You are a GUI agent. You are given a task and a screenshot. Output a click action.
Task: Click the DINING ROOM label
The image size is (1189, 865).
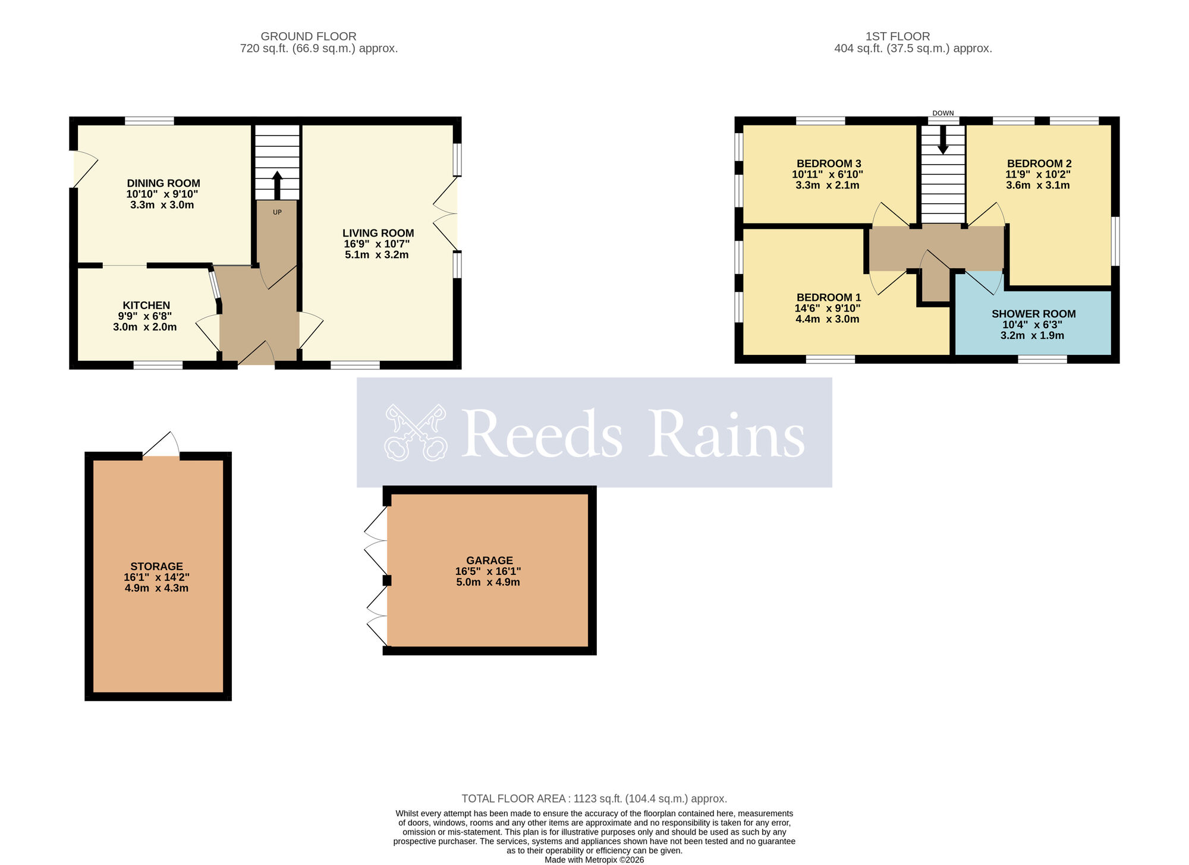(163, 184)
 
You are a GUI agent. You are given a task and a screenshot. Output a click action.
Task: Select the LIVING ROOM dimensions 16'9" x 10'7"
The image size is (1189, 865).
(377, 244)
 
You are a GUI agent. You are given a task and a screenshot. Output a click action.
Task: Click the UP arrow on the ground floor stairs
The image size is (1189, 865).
(277, 185)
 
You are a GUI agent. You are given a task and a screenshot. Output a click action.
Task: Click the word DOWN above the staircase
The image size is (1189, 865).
(943, 113)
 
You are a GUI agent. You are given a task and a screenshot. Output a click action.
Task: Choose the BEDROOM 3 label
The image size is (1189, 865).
(829, 163)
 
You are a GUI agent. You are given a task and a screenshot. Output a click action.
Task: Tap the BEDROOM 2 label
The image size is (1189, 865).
(1039, 163)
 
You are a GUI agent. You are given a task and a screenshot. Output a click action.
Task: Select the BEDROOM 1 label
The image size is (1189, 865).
(829, 297)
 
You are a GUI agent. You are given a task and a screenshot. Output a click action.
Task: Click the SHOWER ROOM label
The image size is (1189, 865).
(1033, 314)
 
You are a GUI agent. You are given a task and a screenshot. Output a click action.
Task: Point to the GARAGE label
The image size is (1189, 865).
(489, 561)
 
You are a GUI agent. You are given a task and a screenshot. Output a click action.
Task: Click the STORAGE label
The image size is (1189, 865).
(157, 567)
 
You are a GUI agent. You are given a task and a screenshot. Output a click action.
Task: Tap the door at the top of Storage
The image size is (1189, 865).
(162, 446)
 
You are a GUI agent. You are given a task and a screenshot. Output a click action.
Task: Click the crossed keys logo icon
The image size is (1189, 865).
(415, 432)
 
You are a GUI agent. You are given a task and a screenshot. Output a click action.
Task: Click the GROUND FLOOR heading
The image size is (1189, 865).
(309, 36)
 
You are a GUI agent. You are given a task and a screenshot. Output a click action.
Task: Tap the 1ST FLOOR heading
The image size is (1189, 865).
(898, 36)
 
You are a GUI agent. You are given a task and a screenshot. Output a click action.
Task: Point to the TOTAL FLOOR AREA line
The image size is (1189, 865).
(594, 798)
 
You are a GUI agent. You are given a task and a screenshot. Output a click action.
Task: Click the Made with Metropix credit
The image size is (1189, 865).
(594, 860)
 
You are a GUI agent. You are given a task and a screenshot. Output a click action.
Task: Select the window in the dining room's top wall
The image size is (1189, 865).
(149, 121)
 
